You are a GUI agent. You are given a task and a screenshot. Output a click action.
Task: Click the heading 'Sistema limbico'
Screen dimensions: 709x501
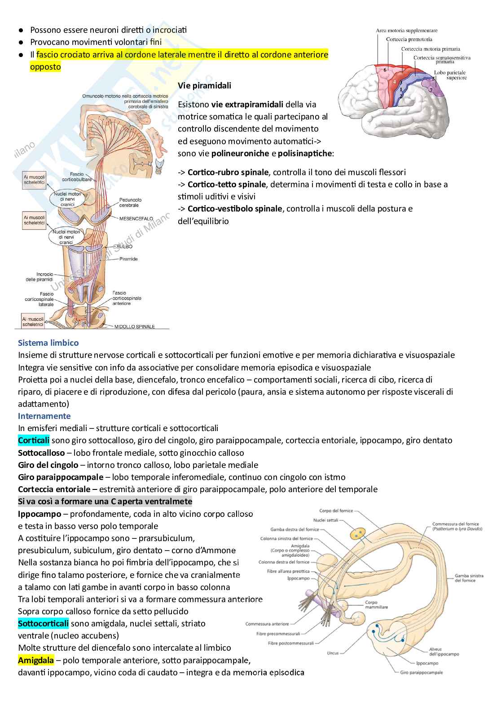click(x=48, y=343)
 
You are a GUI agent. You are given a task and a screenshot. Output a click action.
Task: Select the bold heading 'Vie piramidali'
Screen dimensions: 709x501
click(x=204, y=85)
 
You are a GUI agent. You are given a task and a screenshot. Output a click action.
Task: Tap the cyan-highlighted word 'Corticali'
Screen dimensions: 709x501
click(x=34, y=440)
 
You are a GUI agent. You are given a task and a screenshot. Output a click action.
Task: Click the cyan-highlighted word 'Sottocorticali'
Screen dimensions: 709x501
click(x=43, y=623)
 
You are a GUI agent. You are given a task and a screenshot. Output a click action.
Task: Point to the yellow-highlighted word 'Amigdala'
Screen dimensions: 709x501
click(x=35, y=660)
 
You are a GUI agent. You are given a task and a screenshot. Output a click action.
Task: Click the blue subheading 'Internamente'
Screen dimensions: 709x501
click(x=44, y=416)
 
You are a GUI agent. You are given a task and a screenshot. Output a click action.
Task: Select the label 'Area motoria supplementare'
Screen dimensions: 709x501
click(x=406, y=31)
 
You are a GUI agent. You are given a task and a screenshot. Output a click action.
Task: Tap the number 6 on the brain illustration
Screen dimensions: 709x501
click(x=385, y=70)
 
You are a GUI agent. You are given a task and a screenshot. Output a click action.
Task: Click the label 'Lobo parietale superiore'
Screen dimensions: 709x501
click(x=450, y=75)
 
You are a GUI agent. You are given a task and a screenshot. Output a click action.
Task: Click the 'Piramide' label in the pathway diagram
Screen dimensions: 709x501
click(x=128, y=259)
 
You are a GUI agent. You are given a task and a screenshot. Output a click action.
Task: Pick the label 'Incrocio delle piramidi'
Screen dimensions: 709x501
click(x=39, y=277)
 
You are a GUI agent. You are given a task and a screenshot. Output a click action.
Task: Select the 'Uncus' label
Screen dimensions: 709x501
click(x=333, y=653)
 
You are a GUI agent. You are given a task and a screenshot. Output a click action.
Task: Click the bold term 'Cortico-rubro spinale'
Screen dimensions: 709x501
click(x=228, y=172)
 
